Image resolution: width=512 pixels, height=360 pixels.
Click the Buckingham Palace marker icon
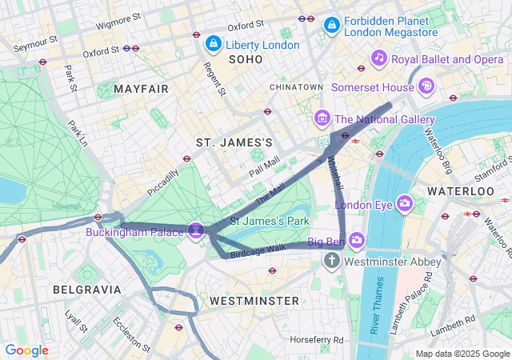pyautogui.click(x=196, y=231)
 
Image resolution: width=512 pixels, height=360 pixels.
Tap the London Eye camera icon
pyautogui.click(x=405, y=203)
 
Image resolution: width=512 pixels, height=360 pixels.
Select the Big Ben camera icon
pyautogui.click(x=356, y=239)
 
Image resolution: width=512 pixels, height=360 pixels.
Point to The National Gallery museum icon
pyautogui.click(x=322, y=119)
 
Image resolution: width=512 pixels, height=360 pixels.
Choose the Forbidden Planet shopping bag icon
pyautogui.click(x=330, y=26)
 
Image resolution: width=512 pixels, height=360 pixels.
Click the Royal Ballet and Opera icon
pyautogui.click(x=379, y=58)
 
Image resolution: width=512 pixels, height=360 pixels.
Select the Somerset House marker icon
pyautogui.click(x=427, y=84)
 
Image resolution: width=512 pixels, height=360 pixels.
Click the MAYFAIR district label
pyautogui.click(x=142, y=88)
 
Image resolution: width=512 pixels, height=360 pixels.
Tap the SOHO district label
pyautogui.click(x=245, y=59)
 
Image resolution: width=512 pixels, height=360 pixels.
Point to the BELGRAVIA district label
pyautogui.click(x=86, y=289)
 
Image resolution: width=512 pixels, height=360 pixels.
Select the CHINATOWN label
pyautogui.click(x=296, y=86)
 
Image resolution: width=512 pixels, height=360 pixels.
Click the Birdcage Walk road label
pyautogui.click(x=258, y=252)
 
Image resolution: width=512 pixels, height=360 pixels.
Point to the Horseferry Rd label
pyautogui.click(x=316, y=340)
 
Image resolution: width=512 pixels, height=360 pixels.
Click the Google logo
pyautogui.click(x=27, y=350)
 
